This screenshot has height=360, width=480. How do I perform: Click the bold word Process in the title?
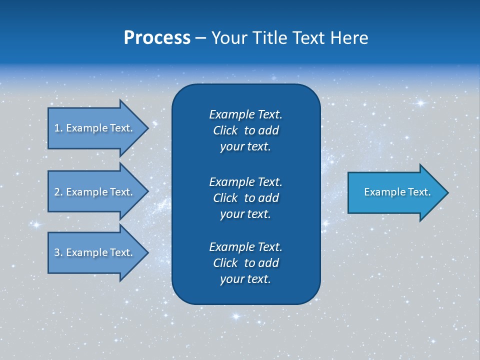click(x=157, y=38)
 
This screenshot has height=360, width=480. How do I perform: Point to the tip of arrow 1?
click(x=147, y=128)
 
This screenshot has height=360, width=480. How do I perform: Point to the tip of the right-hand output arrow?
click(x=447, y=192)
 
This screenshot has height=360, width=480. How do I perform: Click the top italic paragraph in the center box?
click(x=245, y=130)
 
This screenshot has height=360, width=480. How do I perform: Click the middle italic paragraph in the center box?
click(x=245, y=198)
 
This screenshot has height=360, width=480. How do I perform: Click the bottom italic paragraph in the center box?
click(x=245, y=263)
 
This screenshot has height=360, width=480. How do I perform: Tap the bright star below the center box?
click(x=235, y=316)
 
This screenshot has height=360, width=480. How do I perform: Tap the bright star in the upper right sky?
click(x=420, y=103)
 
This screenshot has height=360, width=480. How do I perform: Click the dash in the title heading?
click(x=201, y=38)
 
